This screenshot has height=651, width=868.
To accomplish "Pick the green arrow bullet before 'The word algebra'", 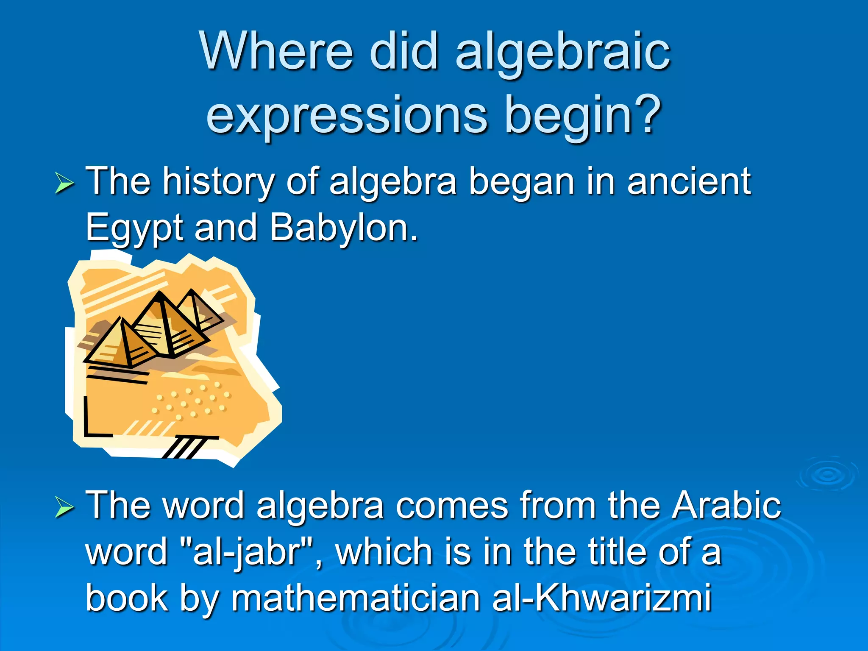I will pyautogui.click(x=64, y=507).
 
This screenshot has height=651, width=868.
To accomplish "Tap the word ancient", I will pyautogui.click(x=689, y=181).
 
